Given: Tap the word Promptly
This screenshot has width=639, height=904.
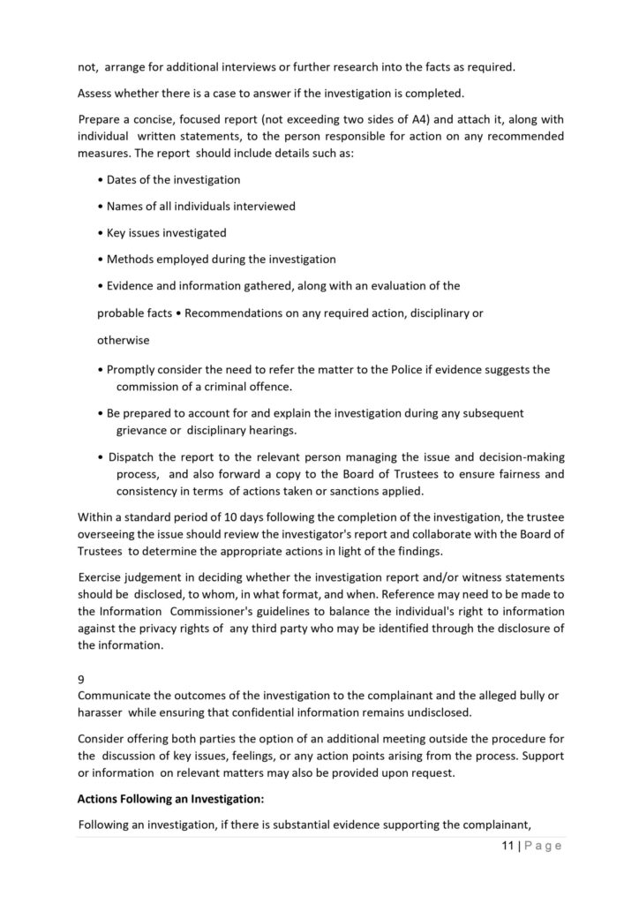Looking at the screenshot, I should (132, 369).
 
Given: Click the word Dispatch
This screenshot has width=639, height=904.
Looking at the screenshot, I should (135, 456).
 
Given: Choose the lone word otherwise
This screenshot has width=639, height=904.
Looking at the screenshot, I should (123, 339).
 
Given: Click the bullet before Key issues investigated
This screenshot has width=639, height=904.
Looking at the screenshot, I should (101, 233).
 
